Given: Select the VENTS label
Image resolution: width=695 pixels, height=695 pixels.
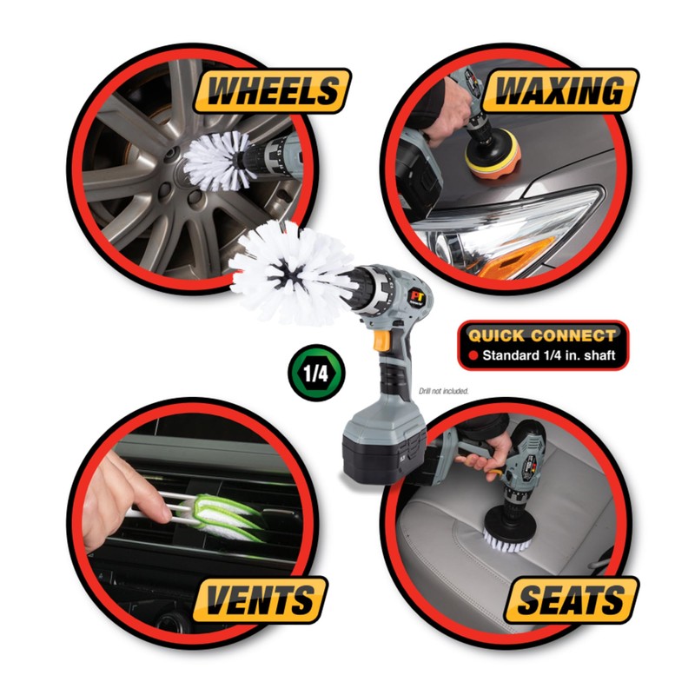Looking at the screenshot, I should (259, 599).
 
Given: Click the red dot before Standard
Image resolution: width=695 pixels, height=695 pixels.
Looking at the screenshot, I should (473, 355).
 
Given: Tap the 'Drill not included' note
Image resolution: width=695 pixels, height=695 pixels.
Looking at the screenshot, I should (443, 392).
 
